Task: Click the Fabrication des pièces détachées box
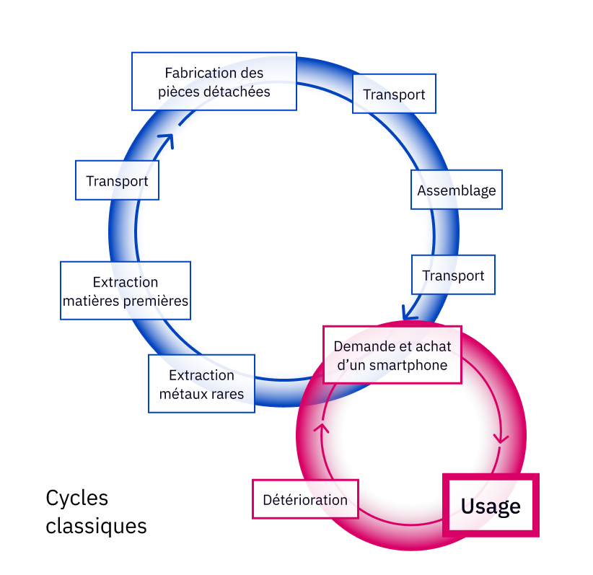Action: pos(214,82)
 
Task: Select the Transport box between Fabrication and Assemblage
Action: pos(394,95)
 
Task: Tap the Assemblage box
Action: pos(456,190)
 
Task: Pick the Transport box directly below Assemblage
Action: pos(453,275)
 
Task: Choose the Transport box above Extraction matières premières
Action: pos(117,180)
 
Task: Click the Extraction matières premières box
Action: pos(126,291)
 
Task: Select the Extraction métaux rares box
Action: pos(201,384)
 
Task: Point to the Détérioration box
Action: pos(305,499)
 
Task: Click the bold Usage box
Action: pos(491,506)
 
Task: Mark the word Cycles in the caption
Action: pos(76,498)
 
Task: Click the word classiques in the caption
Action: pos(96,525)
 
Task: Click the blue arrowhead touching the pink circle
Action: pos(409,314)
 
